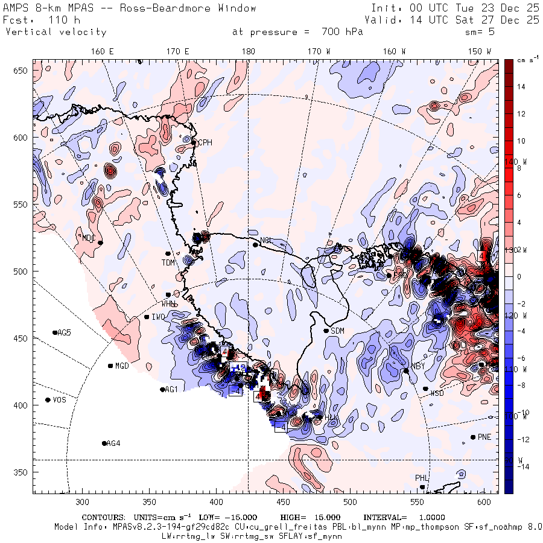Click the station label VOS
pos(59,400)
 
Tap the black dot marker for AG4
pos(104,443)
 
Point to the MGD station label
pos(122,366)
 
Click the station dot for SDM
pos(326,331)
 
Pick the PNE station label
pos(484,437)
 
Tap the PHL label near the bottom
pos(421,478)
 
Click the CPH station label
pos(206,142)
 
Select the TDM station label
pos(168,262)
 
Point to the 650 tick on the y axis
pos(22,71)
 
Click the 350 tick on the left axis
pos(22,472)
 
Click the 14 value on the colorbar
pos(521,87)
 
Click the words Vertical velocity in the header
pos(56,32)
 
